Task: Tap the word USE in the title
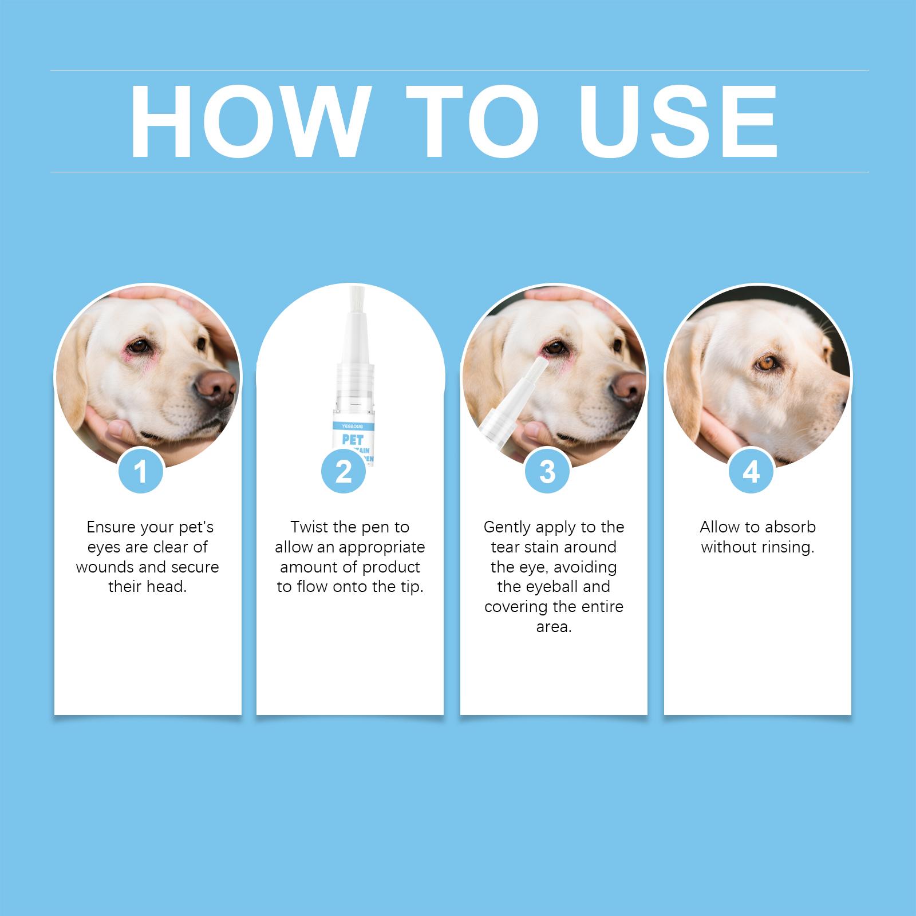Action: coord(680,121)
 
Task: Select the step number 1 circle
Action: coord(141,472)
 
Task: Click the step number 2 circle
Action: coord(343,472)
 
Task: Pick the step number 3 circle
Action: coord(547,472)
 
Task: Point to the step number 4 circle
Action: coord(751,472)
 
